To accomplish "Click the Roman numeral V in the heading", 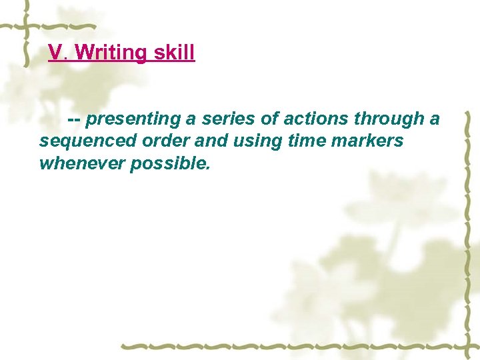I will (x=56, y=53).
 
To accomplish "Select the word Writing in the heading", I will (x=109, y=53).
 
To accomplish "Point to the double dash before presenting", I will (x=75, y=119).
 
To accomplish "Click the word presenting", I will (x=133, y=120).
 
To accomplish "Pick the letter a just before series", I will (x=191, y=120).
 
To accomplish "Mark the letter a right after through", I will (x=435, y=120).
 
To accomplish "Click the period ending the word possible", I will (x=208, y=168).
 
